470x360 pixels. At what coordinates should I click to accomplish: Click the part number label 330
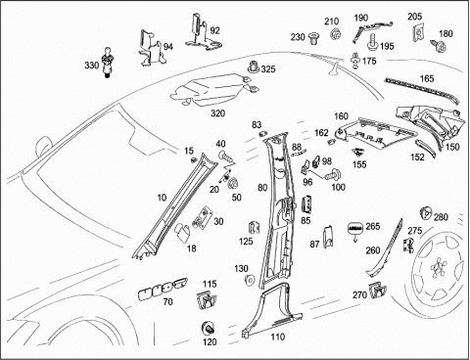pos(92,66)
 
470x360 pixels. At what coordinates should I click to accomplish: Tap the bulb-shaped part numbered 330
pos(107,62)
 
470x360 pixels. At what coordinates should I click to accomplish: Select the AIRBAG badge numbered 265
pos(355,228)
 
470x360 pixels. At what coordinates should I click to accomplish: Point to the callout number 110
pos(277,337)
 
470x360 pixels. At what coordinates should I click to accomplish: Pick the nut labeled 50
pos(233,184)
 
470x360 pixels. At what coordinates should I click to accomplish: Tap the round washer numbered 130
pos(250,280)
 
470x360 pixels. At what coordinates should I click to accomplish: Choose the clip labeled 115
pos(207,300)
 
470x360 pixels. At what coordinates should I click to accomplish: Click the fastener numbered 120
pos(208,328)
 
